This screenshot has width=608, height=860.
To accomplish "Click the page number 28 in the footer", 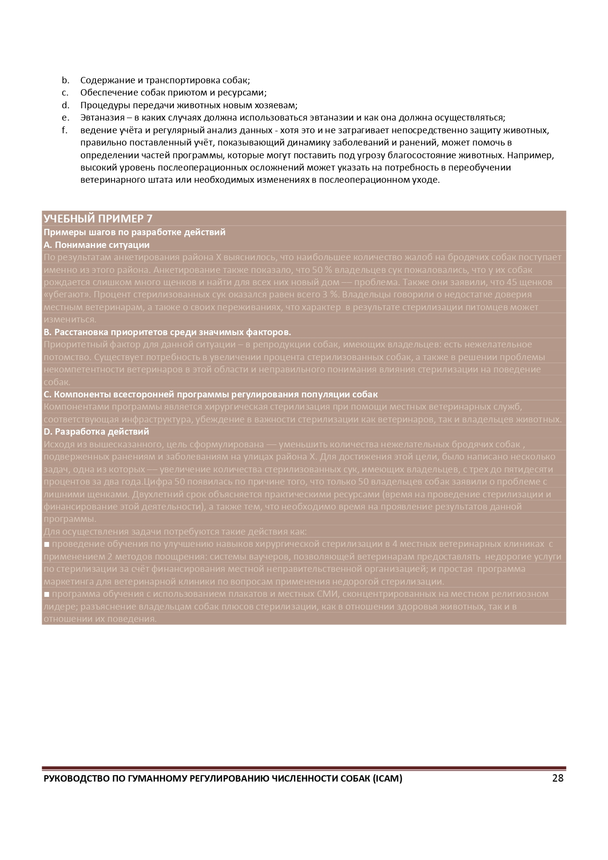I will (558, 779).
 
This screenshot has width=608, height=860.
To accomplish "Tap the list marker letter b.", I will (65, 80).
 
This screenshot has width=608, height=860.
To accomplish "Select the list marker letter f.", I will (64, 130).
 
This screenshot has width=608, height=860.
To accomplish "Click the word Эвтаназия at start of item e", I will (101, 118).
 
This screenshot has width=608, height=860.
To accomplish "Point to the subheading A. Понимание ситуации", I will (97, 245).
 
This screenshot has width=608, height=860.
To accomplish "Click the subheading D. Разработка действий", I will (96, 432).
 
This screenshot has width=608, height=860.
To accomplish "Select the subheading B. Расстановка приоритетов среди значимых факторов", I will (167, 332).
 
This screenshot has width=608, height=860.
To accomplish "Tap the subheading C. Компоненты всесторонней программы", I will (211, 394).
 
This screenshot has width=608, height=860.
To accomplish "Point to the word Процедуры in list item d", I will (101, 105).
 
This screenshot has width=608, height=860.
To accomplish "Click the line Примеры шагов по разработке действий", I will (134, 232).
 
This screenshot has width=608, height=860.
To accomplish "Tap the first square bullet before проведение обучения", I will (47, 544).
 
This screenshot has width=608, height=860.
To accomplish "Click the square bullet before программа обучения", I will (47, 594).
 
